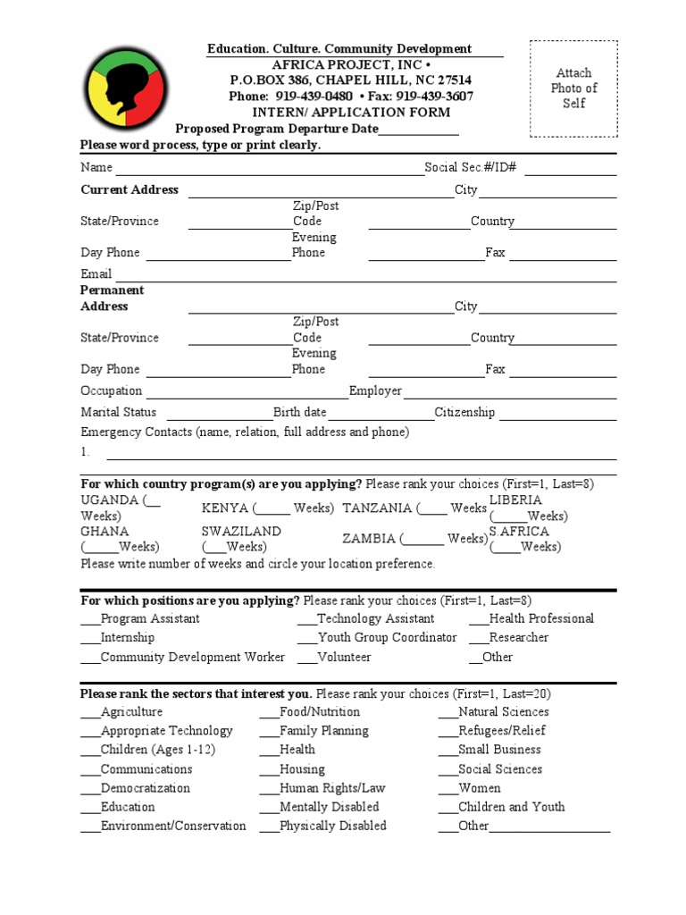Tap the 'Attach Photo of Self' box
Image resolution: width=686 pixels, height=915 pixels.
pos(573,88)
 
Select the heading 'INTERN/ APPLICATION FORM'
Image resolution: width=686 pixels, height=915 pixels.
pos(351,113)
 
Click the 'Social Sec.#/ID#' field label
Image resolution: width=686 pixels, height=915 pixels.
pos(471,168)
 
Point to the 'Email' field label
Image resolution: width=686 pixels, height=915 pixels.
pos(96,274)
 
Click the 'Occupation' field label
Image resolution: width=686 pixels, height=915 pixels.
pos(112,391)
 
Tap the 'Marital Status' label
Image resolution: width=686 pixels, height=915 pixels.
pos(119,413)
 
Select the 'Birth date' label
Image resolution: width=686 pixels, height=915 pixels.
pos(300,413)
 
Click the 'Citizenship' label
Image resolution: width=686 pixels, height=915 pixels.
pos(464,413)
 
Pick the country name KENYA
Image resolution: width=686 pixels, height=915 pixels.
pos(225,508)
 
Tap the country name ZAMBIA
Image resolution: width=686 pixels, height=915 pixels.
pos(369,539)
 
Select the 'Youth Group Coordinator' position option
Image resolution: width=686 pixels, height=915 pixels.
pos(387,638)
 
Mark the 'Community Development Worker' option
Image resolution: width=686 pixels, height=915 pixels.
pos(192,658)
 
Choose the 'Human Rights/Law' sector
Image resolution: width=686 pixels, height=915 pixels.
pos(332,788)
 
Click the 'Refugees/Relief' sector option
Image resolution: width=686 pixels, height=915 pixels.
pos(501,731)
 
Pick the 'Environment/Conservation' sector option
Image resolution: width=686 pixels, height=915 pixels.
pos(172,827)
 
